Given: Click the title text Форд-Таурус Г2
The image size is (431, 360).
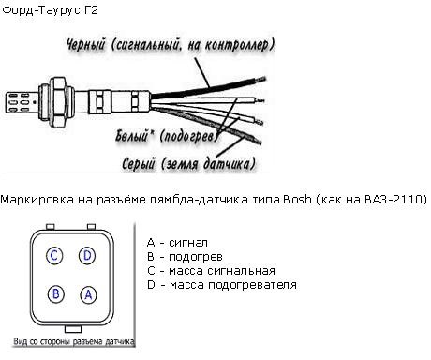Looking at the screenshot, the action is (50, 10).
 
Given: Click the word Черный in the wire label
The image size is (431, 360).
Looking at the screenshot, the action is (86, 44).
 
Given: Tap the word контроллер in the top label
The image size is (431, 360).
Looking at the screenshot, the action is (239, 45).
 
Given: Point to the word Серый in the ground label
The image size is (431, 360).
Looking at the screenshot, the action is (139, 163).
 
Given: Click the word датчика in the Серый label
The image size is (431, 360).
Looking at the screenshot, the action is (230, 163).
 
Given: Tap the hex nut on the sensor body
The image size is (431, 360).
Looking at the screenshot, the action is (58, 102).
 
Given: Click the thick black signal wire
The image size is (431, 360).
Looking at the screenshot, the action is (209, 87).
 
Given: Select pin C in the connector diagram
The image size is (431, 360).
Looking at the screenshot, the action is (54, 256).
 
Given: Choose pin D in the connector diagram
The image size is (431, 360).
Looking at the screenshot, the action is (87, 256).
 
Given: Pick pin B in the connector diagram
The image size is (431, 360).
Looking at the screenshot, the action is (56, 294).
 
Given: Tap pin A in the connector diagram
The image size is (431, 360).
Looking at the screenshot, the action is (88, 295).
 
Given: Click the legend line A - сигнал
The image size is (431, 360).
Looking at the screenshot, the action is (177, 243).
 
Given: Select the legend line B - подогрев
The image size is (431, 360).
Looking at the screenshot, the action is (185, 257).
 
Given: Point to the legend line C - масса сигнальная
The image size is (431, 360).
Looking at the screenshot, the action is (211, 271).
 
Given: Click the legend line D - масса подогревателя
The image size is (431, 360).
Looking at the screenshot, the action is (222, 285).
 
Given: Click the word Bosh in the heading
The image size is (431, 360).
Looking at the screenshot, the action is (298, 200).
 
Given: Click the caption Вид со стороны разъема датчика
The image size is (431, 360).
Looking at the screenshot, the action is (74, 342).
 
